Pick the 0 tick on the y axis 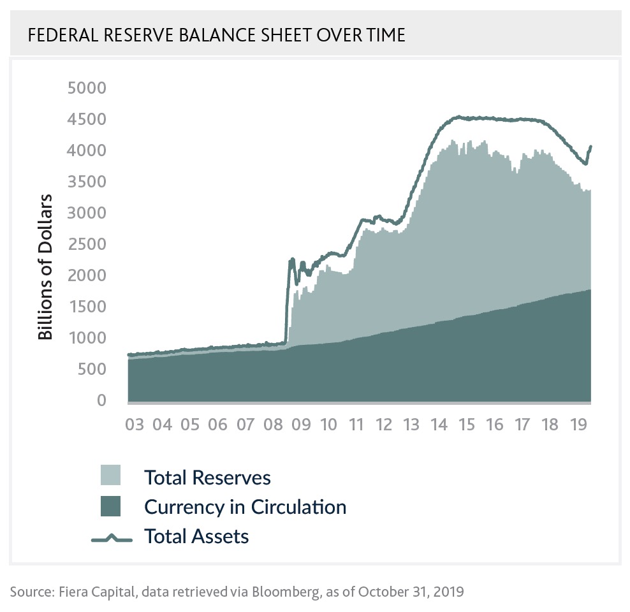coord(101,400)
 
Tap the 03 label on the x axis coord(135,425)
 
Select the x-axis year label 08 coord(272,425)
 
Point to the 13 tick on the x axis coord(411,425)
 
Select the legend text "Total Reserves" coord(207,477)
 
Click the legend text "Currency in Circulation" coord(245,507)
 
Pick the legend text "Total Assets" coord(196,536)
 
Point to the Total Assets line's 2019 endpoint coord(591,146)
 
